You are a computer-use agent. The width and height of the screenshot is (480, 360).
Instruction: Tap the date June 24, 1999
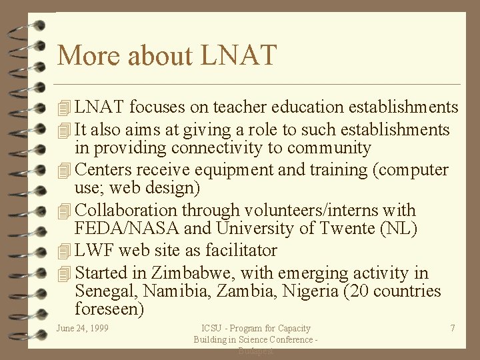pyautogui.click(x=83, y=328)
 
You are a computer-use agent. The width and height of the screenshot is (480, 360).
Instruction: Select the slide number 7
pyautogui.click(x=453, y=328)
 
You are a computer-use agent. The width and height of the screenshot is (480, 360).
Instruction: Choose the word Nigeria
pyautogui.click(x=309, y=291)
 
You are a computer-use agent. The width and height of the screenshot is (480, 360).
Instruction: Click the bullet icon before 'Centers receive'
pyautogui.click(x=64, y=171)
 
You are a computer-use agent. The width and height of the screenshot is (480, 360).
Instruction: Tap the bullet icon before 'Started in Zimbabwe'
pyautogui.click(x=64, y=274)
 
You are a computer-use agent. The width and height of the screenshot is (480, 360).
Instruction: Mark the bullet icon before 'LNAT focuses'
pyautogui.click(x=64, y=108)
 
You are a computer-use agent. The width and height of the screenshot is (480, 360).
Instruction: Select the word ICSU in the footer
pyautogui.click(x=213, y=328)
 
